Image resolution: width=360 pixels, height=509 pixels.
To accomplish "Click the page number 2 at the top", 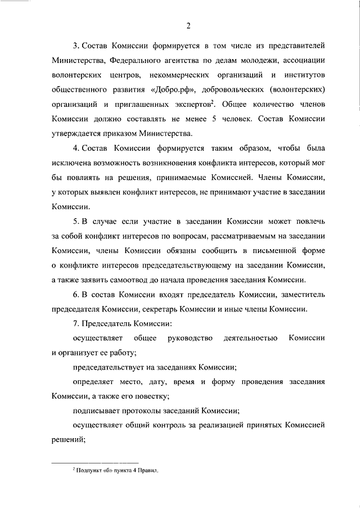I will pyautogui.click(x=188, y=24).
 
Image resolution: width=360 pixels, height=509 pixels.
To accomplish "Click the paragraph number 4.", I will pyautogui.click(x=75, y=149).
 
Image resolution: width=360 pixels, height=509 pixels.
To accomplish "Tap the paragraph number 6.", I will pyautogui.click(x=75, y=294).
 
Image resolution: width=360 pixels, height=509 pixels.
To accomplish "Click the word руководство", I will pyautogui.click(x=190, y=337).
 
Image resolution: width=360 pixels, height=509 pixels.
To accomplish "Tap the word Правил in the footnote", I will pyautogui.click(x=148, y=474).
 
